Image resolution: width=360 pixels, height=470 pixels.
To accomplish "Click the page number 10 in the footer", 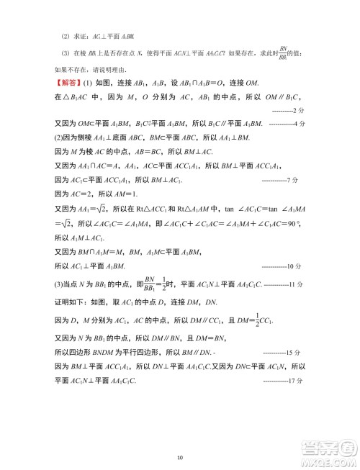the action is [180, 456].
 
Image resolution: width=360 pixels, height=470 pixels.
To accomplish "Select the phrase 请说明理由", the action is [112, 70].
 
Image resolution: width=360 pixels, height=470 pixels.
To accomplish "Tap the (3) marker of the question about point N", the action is [65, 53].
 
